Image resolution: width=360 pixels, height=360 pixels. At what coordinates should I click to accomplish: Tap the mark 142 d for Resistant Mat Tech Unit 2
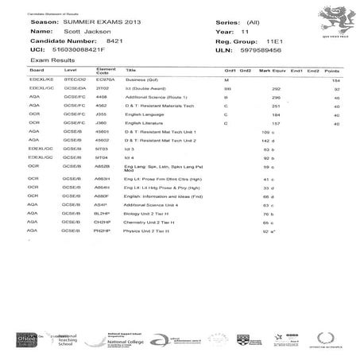pos(257,139)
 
